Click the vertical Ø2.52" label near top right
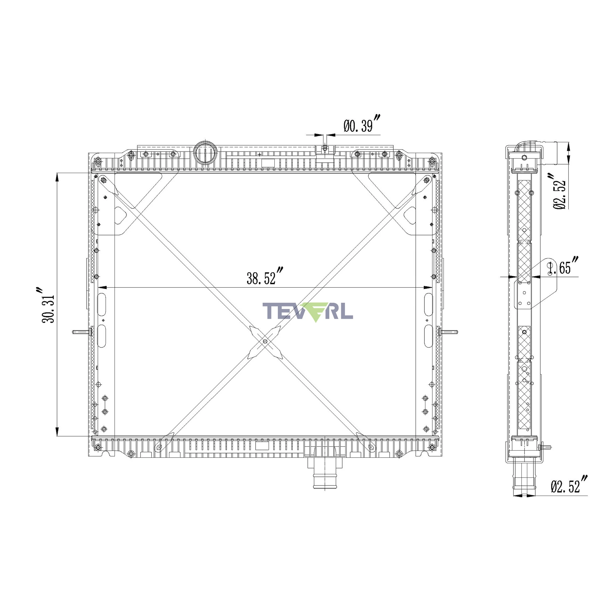tap(560, 192)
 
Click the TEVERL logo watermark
tap(308, 311)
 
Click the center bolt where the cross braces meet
tap(265, 342)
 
